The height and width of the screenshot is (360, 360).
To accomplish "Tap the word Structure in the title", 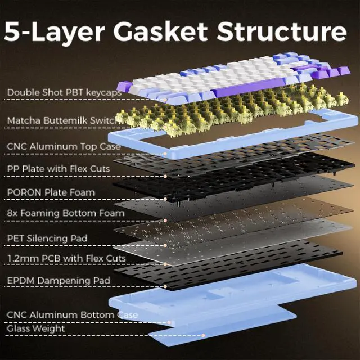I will tap(282, 32).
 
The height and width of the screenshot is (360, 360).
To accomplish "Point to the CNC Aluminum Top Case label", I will tap(64, 146).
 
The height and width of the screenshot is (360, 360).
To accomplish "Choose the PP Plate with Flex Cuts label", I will tap(58, 168).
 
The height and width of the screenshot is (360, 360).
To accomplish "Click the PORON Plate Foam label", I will tap(51, 192).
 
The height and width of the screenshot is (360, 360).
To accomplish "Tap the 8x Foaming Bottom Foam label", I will tap(58, 213).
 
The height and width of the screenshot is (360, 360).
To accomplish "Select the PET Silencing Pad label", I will tap(47, 238).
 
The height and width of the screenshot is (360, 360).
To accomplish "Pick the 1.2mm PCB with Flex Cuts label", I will tap(58, 258).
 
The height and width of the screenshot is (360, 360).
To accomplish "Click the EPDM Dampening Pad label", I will tap(58, 280).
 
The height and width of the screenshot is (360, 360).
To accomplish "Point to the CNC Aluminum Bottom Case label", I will tap(72, 314).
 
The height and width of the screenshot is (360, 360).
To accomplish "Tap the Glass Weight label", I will tap(35, 328).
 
